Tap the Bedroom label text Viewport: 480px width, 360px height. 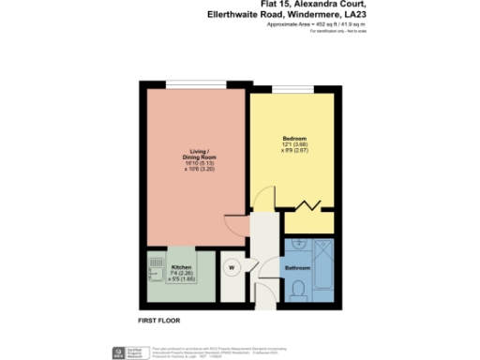[x=294, y=139]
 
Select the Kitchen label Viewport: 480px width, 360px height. [x=181, y=253]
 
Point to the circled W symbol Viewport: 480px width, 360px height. [x=230, y=264]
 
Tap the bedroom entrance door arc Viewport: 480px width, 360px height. [x=265, y=199]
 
